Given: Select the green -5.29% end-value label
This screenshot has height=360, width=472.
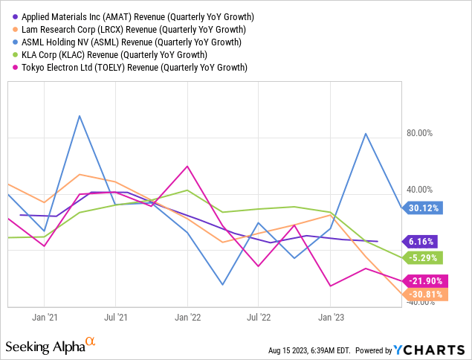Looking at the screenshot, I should click(424, 258).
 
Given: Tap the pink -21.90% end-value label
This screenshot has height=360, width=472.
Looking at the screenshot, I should click(426, 281).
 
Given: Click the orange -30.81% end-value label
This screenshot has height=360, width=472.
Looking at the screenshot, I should click(426, 294).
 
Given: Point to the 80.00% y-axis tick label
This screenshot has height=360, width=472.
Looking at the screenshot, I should click(421, 134).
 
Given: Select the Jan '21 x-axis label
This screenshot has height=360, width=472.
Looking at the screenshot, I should click(45, 317).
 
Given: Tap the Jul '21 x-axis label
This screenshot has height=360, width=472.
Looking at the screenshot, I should click(116, 317).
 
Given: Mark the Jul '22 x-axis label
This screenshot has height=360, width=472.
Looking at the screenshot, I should click(258, 317).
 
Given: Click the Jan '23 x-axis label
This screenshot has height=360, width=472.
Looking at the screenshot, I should click(330, 317).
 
